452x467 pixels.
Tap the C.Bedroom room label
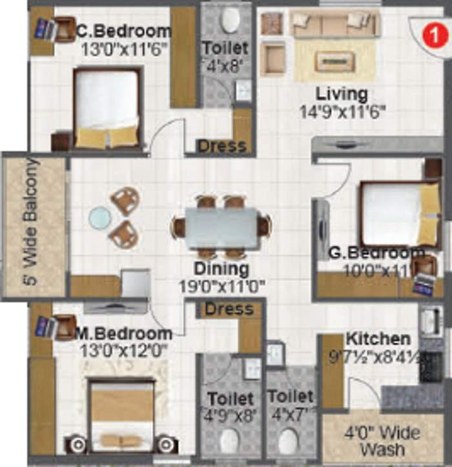[x=123, y=31]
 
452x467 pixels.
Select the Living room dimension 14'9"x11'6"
[x=343, y=112]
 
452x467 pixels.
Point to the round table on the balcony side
[x=100, y=217]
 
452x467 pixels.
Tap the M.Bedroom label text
[x=123, y=333]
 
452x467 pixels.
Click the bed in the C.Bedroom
[x=107, y=108]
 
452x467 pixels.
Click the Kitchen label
[x=378, y=339]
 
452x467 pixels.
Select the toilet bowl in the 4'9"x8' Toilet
[x=230, y=442]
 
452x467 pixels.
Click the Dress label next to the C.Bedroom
[x=222, y=146]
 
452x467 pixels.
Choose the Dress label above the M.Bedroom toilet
[x=229, y=309]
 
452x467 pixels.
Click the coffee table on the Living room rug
[x=329, y=61]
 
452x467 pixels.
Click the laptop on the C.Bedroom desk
[x=45, y=29]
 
